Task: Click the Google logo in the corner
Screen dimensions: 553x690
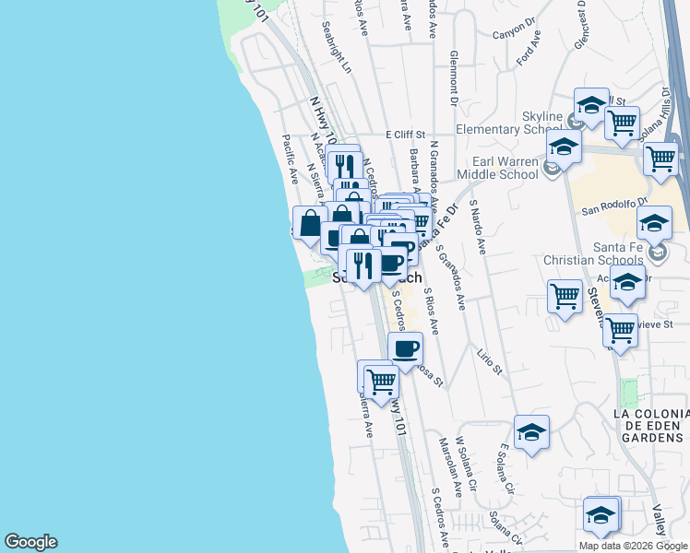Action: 30,542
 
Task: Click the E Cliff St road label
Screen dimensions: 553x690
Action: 410,135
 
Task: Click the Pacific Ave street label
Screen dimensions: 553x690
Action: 290,158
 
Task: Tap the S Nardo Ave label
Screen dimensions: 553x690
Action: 477,225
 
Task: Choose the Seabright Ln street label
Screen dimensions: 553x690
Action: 337,55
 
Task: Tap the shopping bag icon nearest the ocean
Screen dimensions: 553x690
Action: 309,223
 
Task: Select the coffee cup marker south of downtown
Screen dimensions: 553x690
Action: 405,349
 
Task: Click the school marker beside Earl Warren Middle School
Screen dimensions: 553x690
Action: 563,147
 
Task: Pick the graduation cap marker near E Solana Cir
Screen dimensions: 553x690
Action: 531,432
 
